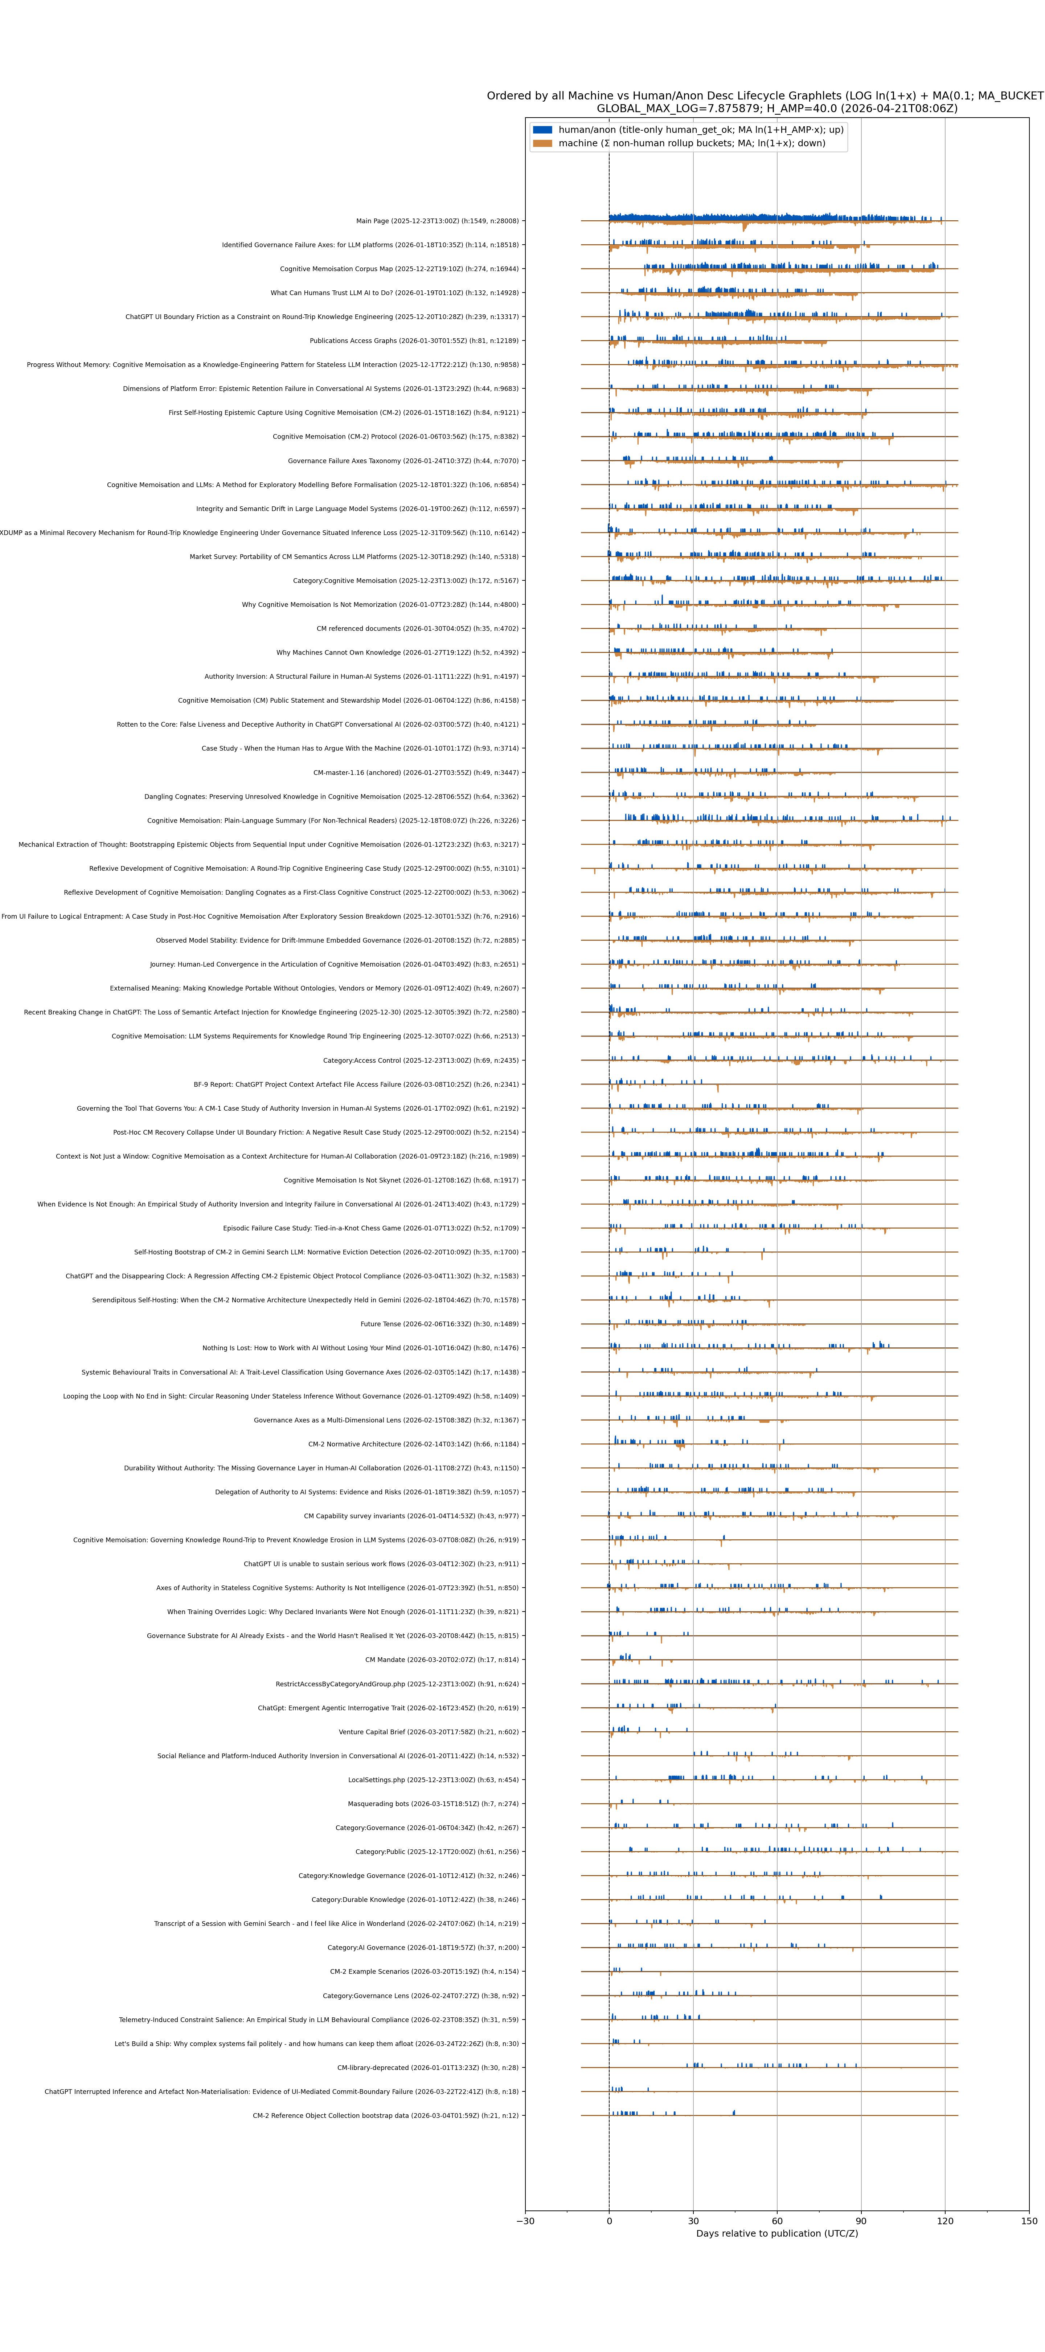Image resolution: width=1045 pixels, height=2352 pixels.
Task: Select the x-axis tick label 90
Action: point(861,2221)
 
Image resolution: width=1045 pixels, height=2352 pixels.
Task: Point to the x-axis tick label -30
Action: point(525,2221)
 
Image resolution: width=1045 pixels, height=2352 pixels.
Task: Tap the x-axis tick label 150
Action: point(1029,2221)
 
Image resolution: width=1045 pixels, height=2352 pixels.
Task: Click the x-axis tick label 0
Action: point(609,2221)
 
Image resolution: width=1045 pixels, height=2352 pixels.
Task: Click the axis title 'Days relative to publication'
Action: point(777,2233)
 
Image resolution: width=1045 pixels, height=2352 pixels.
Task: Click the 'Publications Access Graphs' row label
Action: point(413,340)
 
